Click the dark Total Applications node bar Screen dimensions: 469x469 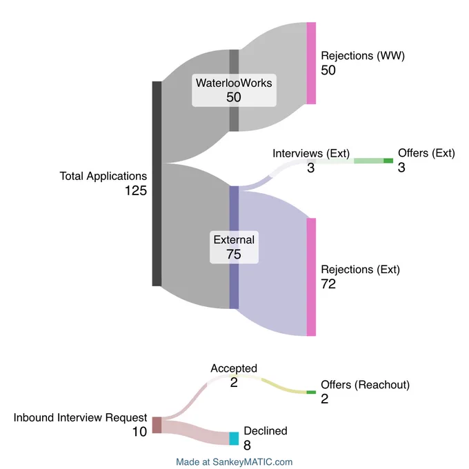157,183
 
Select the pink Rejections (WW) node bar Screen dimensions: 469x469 311,63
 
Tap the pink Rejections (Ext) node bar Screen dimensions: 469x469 311,277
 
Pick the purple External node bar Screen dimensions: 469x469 234,248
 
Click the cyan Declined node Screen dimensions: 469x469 234,439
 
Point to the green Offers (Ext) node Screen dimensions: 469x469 388,161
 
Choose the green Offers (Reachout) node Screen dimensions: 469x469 311,392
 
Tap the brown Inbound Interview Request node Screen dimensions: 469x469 157,425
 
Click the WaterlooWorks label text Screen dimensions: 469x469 234,83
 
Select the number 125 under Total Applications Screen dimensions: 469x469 136,190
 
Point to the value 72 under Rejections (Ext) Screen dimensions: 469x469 328,284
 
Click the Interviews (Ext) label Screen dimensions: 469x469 311,153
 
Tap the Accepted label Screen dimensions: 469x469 234,368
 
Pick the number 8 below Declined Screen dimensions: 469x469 247,445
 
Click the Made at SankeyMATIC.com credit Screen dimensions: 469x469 234,462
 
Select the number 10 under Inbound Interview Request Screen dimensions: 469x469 139,432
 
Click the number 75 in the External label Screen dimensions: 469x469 234,255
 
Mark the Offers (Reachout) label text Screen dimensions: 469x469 366,385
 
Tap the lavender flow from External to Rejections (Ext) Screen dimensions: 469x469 273,263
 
